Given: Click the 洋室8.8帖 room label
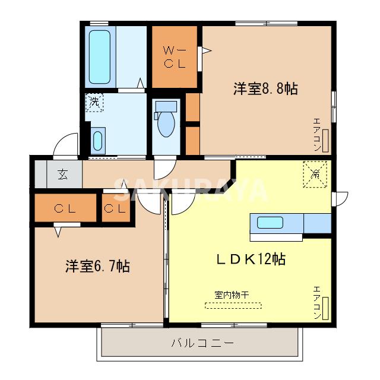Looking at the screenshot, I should pos(265,89).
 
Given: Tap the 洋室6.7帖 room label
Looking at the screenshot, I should pos(97,266).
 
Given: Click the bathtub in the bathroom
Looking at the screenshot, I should pos(103,58).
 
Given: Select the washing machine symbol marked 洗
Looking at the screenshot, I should pos(94,102).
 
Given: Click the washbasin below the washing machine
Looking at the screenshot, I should pos(98,141).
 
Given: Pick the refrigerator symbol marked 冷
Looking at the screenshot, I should pos(316,175).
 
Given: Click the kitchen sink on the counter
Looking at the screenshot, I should pos(270,224).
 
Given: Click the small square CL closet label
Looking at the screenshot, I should pos(115,209).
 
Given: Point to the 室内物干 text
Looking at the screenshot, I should pos(232,294).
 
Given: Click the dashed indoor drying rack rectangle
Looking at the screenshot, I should pos(233,305).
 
